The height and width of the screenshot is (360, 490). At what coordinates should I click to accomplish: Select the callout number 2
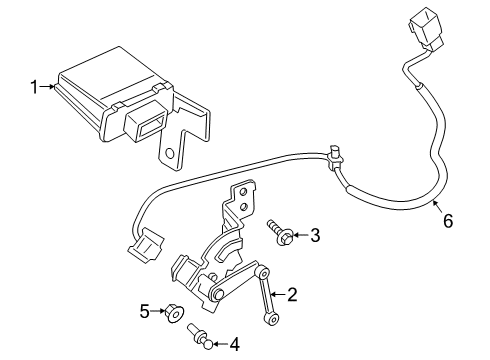click(x=293, y=295)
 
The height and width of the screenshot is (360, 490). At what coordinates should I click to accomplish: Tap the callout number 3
click(x=314, y=236)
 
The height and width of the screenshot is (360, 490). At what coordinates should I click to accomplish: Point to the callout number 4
click(x=234, y=345)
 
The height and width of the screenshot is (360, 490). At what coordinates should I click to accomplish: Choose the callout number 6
click(x=447, y=220)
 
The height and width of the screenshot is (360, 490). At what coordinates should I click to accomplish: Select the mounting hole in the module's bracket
click(x=174, y=155)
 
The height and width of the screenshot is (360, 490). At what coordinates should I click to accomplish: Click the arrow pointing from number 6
click(x=436, y=204)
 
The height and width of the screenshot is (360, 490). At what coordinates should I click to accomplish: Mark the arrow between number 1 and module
click(x=51, y=88)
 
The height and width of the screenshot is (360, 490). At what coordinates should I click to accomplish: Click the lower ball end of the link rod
click(x=270, y=319)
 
